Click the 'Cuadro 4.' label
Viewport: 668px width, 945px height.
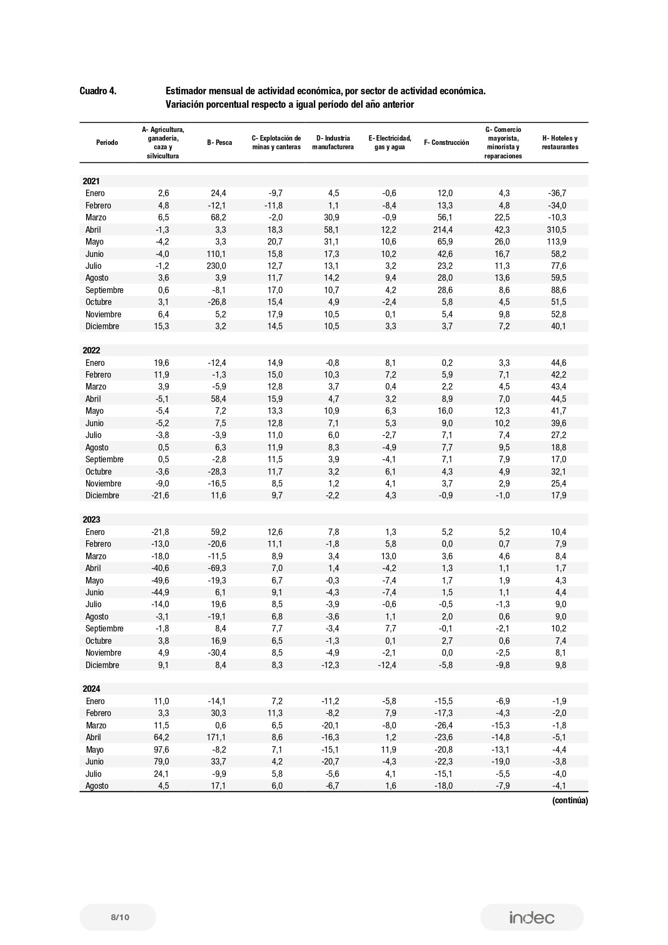(97, 91)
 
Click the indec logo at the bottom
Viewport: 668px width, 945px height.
(532, 917)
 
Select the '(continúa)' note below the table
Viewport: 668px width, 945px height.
(569, 801)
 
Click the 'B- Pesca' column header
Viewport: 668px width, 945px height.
(220, 143)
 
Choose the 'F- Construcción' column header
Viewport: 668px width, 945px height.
(446, 143)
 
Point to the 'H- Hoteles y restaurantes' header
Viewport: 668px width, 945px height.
(560, 143)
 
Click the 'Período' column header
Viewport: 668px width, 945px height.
(107, 143)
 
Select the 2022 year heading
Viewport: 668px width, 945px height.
(92, 351)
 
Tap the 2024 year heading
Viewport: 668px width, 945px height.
(92, 689)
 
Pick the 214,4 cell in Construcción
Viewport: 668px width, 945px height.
(442, 230)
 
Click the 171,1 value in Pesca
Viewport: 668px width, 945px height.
(216, 737)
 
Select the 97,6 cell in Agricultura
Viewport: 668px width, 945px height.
(160, 749)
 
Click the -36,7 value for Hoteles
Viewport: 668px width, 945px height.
(556, 193)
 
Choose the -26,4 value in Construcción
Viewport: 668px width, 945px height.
(443, 725)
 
